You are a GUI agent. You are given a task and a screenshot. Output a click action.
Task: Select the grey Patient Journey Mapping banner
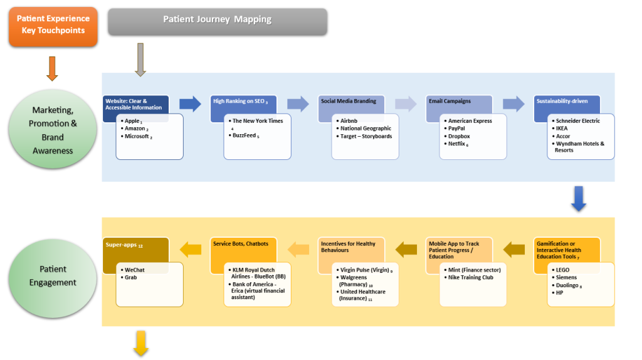point(218,20)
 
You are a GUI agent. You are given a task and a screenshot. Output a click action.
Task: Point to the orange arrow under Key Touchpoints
point(53,68)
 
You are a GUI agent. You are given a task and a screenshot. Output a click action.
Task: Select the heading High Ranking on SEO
point(241,101)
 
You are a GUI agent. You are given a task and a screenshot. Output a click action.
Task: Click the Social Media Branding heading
point(349,101)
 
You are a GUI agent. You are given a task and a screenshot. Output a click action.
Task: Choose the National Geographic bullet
point(366,129)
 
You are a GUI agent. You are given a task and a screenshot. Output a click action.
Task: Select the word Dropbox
point(459,136)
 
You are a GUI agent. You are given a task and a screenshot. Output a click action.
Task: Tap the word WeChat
point(135,270)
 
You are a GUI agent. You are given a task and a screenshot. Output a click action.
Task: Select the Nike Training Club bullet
point(470,277)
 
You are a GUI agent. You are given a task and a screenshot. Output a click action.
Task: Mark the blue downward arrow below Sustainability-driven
point(579,199)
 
